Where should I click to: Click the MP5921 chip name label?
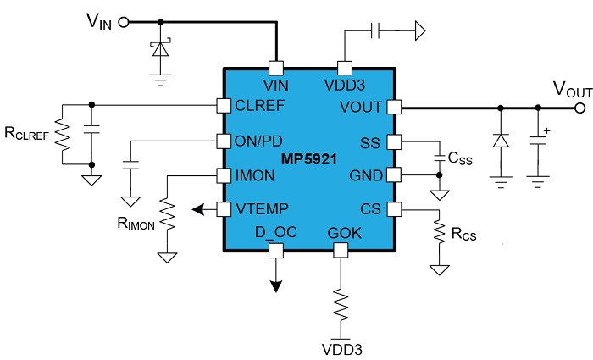310,158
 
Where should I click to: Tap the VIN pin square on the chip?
275,68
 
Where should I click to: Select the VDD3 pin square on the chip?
345,68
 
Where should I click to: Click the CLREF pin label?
261,107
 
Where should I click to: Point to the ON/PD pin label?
261,141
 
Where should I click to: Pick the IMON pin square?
224,175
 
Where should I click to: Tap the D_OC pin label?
275,232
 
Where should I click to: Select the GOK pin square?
341,250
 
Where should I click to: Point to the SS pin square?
393,141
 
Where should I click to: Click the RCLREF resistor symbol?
61,136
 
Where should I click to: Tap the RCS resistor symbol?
439,234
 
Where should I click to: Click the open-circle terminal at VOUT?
579,108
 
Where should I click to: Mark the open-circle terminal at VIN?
124,23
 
